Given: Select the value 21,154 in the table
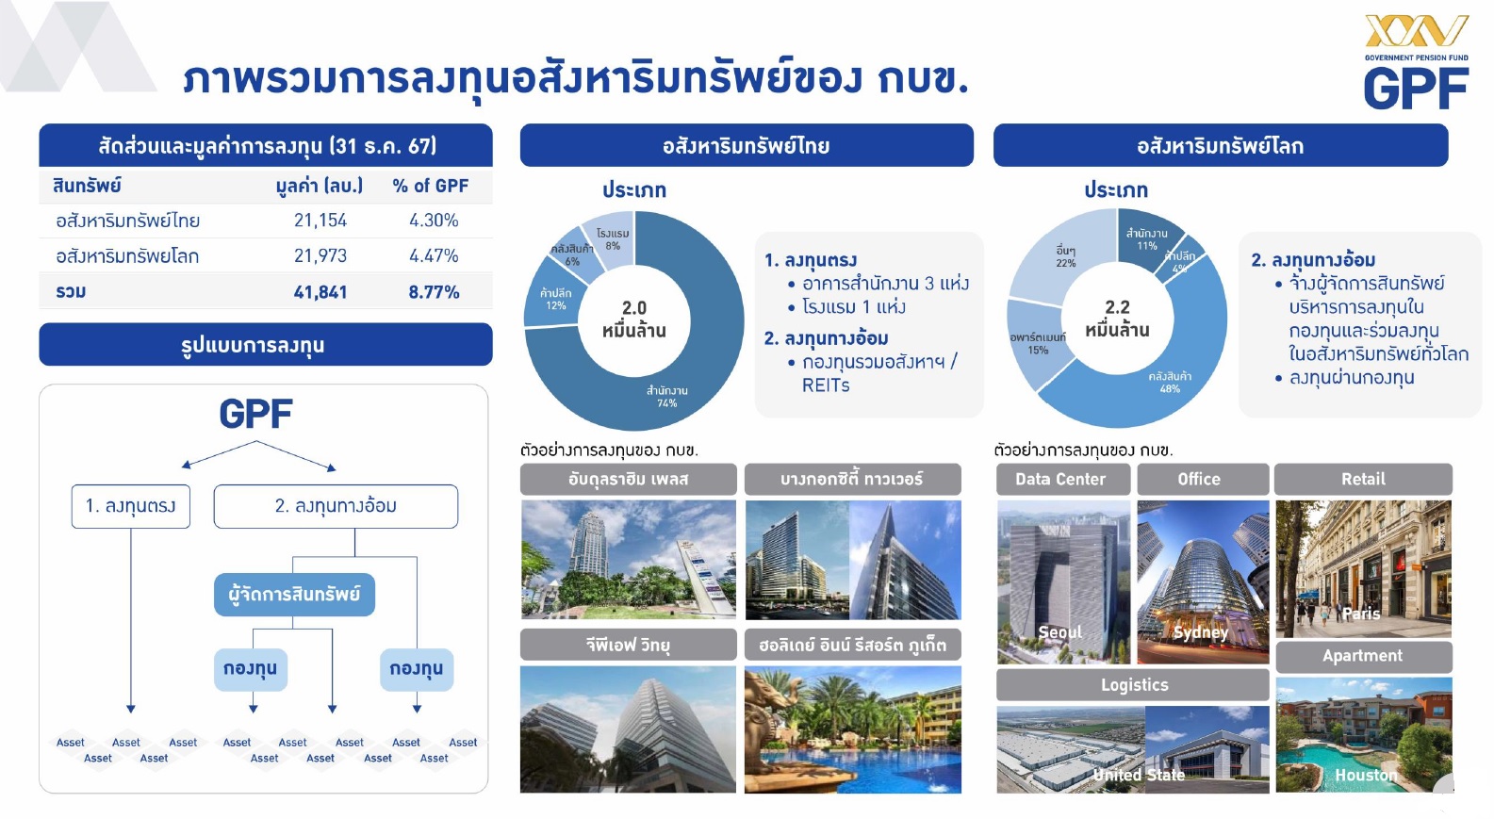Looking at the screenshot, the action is coord(320,221).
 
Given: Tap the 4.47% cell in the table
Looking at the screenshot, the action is coord(434,256).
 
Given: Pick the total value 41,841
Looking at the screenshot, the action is coord(320,292).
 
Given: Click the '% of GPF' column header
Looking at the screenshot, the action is coord(431,186).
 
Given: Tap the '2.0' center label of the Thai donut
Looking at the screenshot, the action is coord(633,308).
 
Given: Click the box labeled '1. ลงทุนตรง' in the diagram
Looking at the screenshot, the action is coord(131,506).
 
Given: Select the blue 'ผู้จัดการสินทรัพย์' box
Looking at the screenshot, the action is coord(294,595).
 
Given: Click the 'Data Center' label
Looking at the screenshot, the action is coord(1060,479).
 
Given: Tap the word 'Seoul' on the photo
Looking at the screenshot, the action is coord(1059,632).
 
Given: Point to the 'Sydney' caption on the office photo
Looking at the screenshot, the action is coord(1201,632).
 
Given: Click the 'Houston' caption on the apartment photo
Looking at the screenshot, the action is coord(1366,775).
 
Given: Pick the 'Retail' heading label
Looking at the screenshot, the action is coord(1363,479).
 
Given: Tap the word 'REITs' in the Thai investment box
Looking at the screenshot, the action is coord(826,385).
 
